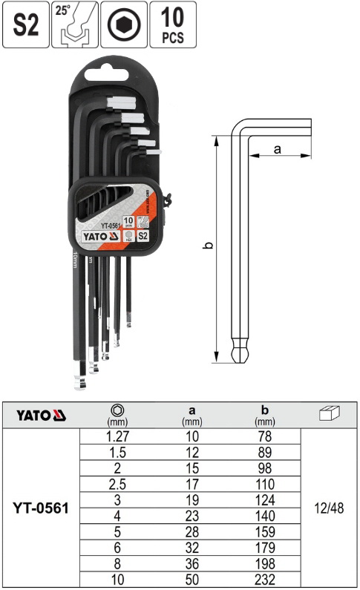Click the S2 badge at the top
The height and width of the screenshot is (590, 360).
coord(26,24)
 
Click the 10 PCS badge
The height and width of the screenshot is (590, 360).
coord(172,24)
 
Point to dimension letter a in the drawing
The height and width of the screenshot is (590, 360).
coord(278,149)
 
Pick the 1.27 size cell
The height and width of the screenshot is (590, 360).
coord(117,437)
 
